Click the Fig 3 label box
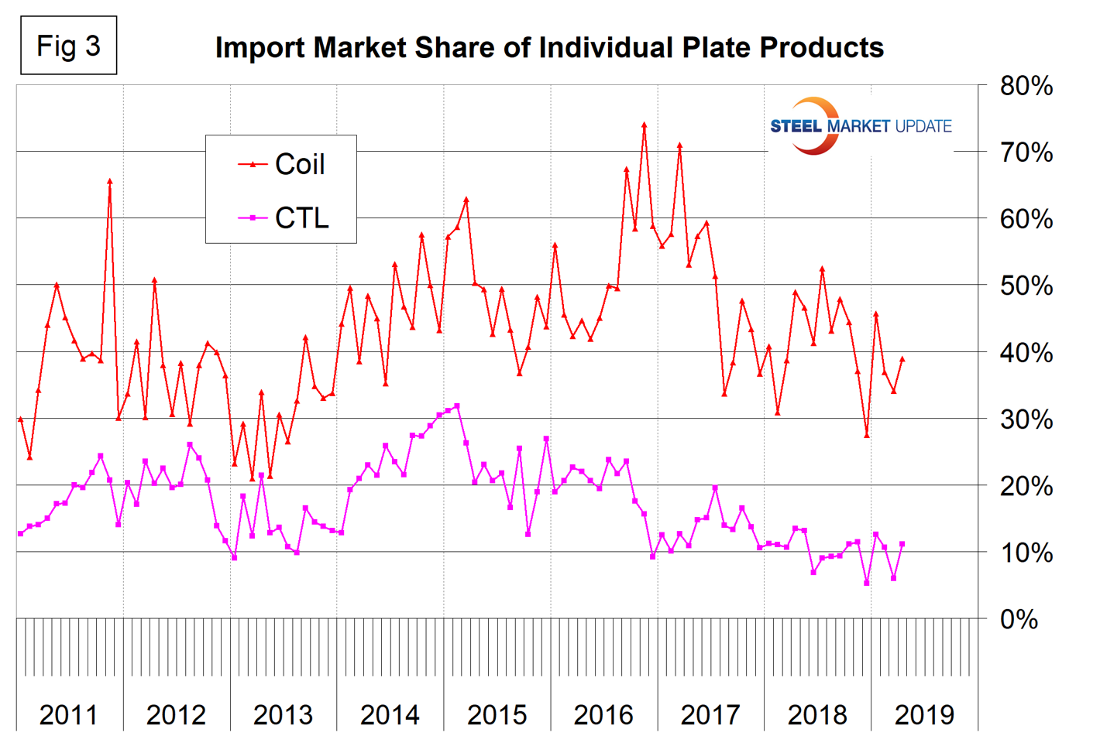(x=68, y=46)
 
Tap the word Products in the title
(x=822, y=48)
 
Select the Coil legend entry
(x=283, y=164)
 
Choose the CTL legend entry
(x=284, y=218)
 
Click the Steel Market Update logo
(x=860, y=126)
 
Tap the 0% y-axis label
(x=1019, y=619)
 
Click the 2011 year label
(x=68, y=714)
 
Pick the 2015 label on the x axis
(x=497, y=714)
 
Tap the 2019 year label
(x=924, y=714)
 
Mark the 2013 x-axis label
(x=283, y=714)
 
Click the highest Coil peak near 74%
(x=644, y=124)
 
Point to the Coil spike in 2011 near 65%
(x=109, y=181)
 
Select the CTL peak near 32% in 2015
(x=457, y=406)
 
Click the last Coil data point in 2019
(x=902, y=358)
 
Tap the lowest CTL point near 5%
(x=867, y=583)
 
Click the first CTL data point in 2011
(x=21, y=533)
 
